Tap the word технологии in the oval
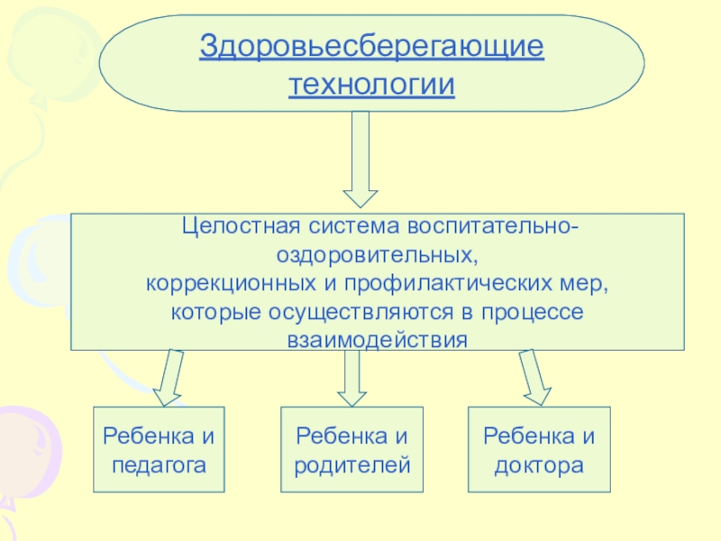(371, 85)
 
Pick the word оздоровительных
(378, 253)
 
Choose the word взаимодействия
(378, 340)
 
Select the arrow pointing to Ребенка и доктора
(536, 377)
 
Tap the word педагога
(159, 465)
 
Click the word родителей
(352, 465)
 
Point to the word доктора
(539, 465)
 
